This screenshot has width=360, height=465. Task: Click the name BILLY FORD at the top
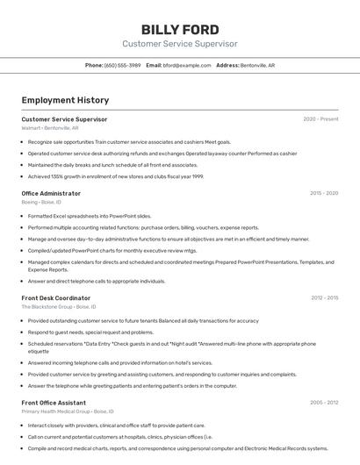click(x=180, y=30)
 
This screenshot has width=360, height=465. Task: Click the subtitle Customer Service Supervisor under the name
click(x=180, y=44)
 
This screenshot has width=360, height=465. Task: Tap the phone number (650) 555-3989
click(x=122, y=65)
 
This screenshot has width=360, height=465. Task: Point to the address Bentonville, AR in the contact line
click(x=257, y=65)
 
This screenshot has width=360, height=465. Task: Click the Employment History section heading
click(x=65, y=101)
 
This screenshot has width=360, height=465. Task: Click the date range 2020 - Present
click(x=320, y=119)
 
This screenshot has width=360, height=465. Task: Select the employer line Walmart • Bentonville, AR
click(x=50, y=128)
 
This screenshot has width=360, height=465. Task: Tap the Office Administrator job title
click(x=51, y=193)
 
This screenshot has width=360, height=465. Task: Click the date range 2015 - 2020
click(x=324, y=193)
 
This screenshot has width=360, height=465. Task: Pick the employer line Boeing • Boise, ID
click(x=42, y=202)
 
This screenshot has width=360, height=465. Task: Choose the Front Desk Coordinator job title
click(x=56, y=298)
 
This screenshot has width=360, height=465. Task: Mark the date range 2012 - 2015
click(x=324, y=298)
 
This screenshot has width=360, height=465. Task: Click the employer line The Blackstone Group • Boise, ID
click(x=59, y=307)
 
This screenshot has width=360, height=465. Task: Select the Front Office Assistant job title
click(x=54, y=403)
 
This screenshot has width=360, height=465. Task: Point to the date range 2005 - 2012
click(x=324, y=403)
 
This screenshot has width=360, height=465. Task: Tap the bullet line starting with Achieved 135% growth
click(x=115, y=176)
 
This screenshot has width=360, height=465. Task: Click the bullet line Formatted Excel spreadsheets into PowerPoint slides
click(x=90, y=216)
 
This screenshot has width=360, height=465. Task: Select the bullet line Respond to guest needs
click(x=90, y=333)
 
